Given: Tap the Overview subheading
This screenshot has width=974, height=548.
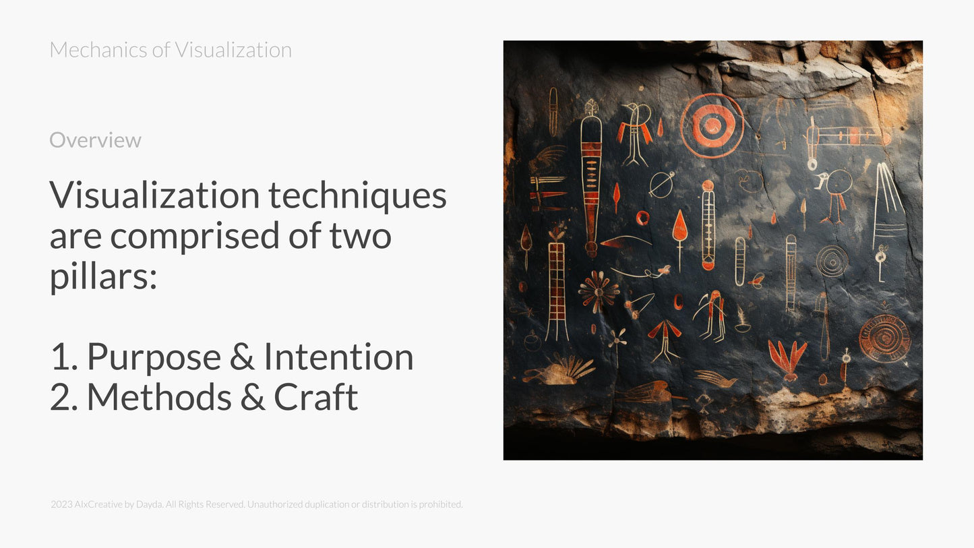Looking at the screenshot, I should [95, 140].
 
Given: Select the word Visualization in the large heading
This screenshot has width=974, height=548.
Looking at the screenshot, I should [154, 195].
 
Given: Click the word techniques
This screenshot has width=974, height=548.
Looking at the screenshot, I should [357, 195].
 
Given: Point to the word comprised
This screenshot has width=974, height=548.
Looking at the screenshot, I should [213, 236].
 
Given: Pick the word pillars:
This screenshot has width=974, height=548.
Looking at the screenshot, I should [103, 276].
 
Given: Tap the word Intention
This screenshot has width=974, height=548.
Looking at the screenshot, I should [338, 357].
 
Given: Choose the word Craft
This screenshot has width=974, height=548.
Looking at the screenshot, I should [315, 397].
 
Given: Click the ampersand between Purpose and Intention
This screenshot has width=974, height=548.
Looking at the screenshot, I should [241, 357].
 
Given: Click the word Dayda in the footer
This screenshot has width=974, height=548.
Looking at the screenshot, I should [149, 504].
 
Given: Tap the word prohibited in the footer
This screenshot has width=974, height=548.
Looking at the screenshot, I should [440, 504].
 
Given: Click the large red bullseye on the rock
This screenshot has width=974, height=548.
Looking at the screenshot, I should [712, 125].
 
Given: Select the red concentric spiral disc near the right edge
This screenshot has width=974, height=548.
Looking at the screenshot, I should [884, 338].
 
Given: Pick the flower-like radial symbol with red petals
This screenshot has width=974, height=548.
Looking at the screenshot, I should [598, 291].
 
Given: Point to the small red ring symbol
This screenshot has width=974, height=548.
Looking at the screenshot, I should [642, 218].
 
